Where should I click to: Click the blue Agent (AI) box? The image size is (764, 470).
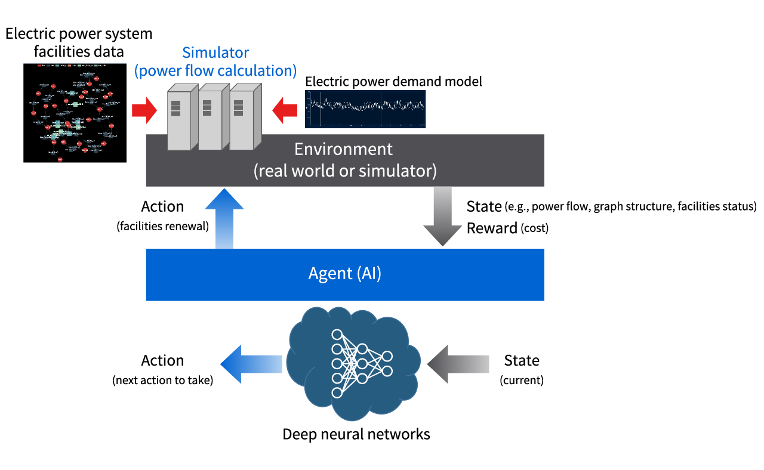[345, 274]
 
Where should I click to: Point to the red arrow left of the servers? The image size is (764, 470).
[143, 112]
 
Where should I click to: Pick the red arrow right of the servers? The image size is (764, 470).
[285, 112]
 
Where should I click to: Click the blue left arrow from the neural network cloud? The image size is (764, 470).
[251, 364]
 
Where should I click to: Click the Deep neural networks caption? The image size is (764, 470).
[356, 434]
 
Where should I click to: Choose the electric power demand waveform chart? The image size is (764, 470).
[365, 109]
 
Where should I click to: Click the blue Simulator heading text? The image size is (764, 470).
[215, 61]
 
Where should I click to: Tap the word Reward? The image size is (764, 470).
[492, 228]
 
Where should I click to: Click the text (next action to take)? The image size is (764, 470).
[162, 380]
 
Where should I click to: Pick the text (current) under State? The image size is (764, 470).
[521, 380]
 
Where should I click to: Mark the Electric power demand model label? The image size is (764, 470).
[393, 81]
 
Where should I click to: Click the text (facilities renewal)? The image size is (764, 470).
[162, 226]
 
